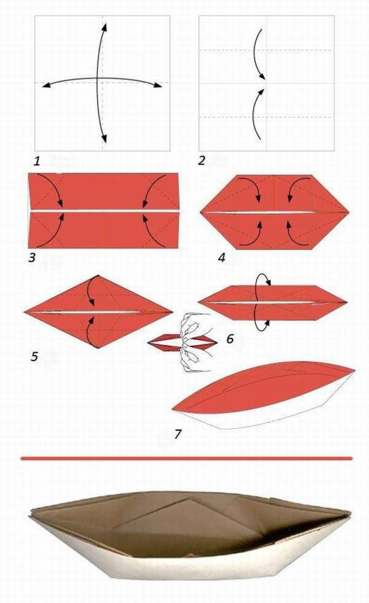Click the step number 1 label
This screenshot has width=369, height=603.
click(x=37, y=161)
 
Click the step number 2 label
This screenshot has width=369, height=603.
click(x=201, y=161)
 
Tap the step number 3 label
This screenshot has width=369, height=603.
click(x=32, y=258)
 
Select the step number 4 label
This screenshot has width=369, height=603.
click(x=221, y=258)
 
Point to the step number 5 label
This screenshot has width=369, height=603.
click(x=34, y=357)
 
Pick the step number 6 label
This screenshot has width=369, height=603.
click(x=230, y=339)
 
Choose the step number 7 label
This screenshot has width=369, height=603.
click(x=178, y=434)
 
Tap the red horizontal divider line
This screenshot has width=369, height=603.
click(x=186, y=458)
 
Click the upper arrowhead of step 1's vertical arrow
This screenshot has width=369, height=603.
click(x=105, y=27)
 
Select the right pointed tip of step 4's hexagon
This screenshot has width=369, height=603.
click(x=349, y=212)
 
